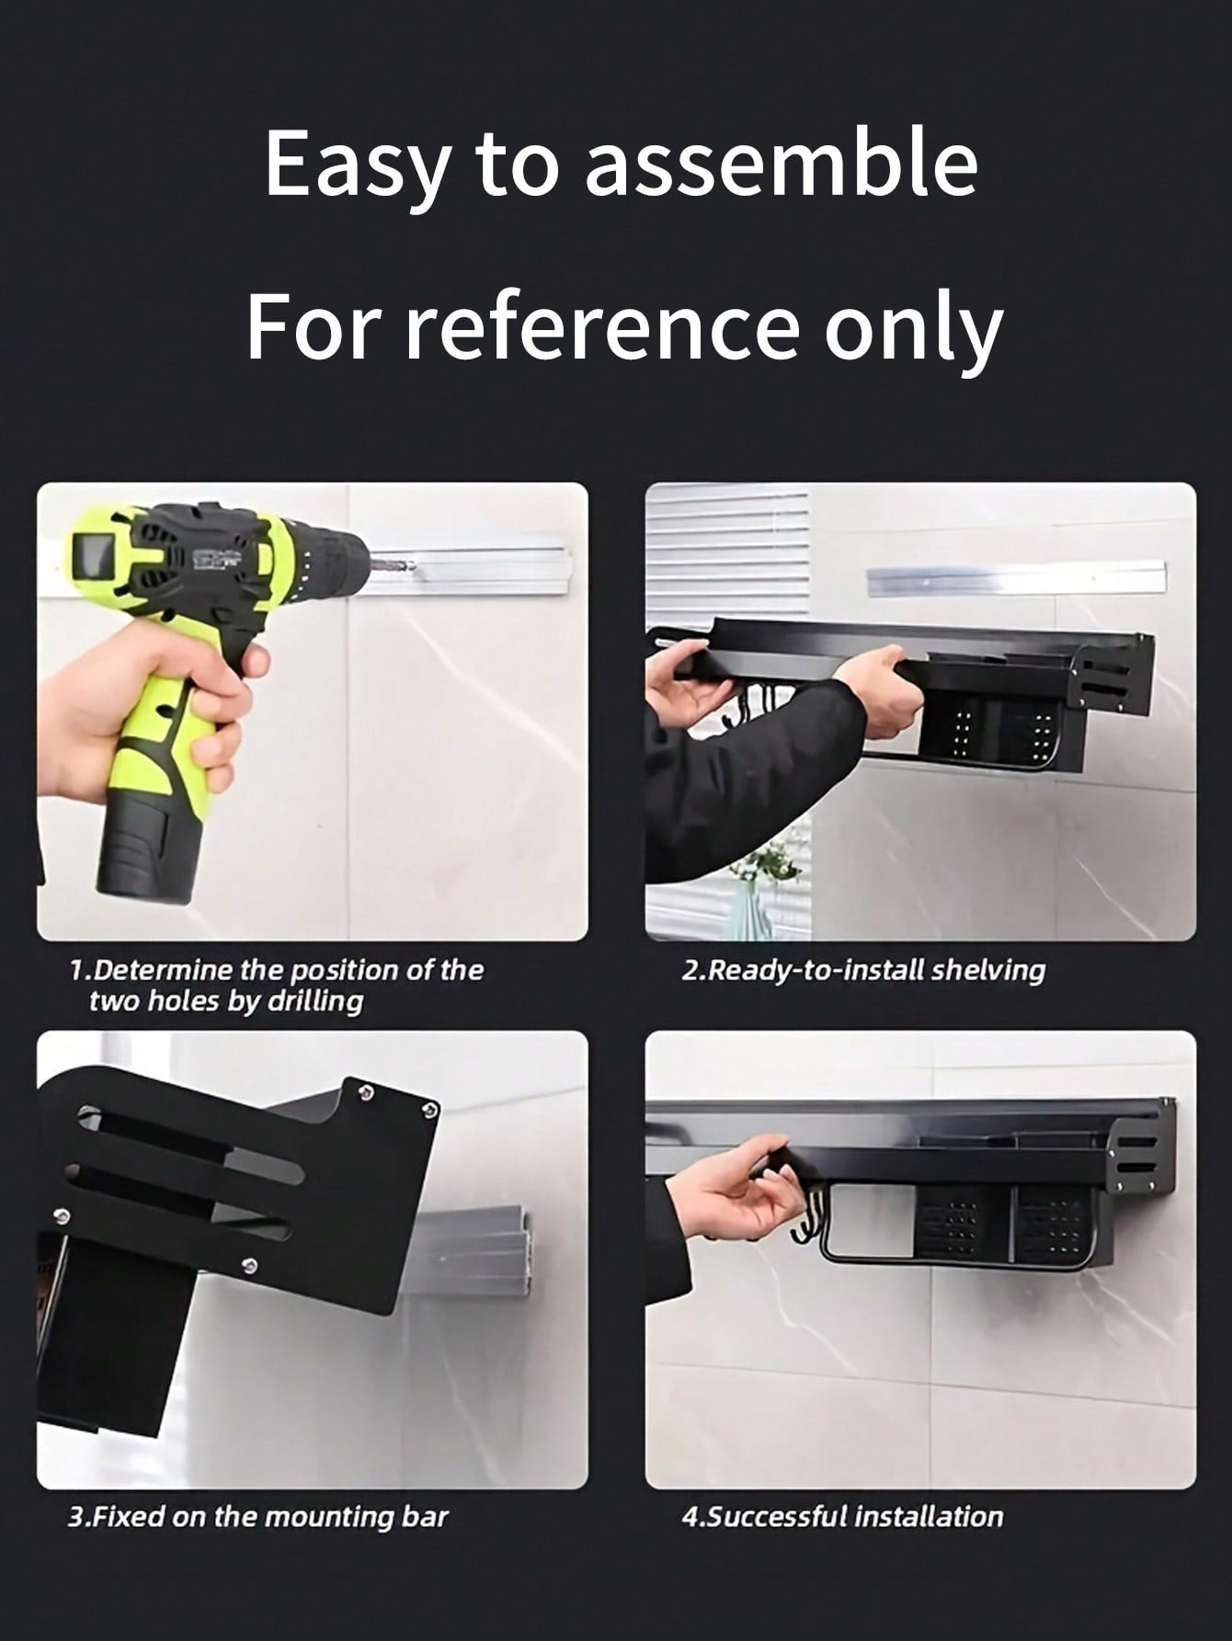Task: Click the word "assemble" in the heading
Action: (781, 164)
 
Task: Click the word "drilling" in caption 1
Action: (314, 1001)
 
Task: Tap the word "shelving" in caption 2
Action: (987, 970)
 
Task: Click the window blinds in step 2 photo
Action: (726, 552)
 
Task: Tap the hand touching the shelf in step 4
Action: (736, 1195)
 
